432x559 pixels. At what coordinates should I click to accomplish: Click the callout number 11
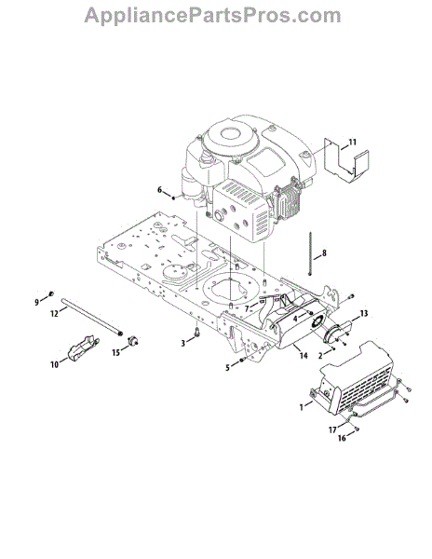pos(352,143)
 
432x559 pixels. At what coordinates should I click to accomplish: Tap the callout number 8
pos(324,253)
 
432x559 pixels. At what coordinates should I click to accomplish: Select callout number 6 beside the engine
pos(159,190)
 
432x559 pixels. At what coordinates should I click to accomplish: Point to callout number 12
pos(54,314)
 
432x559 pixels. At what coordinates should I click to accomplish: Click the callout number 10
pos(54,364)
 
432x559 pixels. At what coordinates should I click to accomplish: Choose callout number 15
pos(116,352)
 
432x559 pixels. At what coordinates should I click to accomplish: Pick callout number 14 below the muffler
pos(304,356)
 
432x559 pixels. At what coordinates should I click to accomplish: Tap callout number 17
pos(332,429)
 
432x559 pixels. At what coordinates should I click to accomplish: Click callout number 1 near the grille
pos(302,407)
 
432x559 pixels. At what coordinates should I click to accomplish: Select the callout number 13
pos(364,313)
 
